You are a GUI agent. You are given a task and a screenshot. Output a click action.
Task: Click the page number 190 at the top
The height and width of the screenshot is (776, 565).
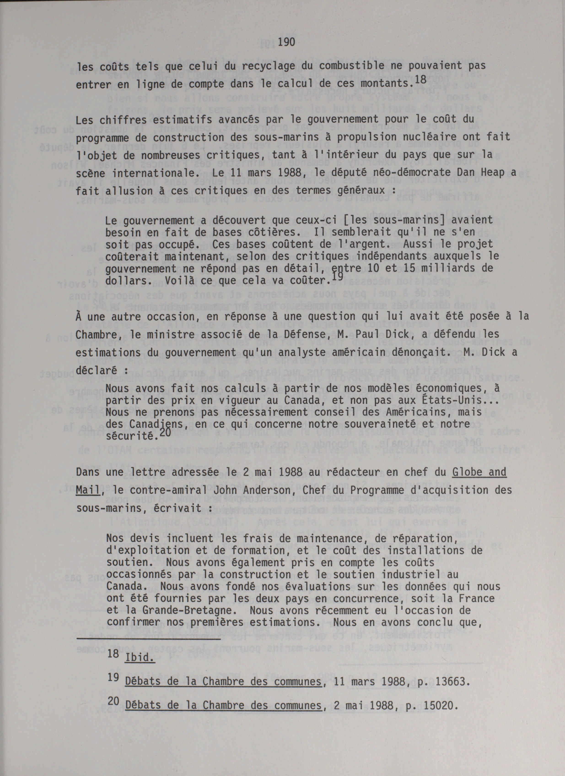(x=287, y=43)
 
